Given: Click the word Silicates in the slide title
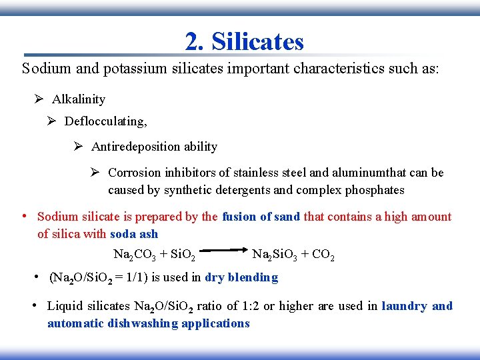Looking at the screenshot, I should [257, 42].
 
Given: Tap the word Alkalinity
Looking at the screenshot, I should [79, 99].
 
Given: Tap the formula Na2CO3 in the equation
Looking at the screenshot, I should [134, 255].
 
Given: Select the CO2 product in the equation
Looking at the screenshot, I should [323, 255].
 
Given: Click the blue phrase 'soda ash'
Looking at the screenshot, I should [133, 234].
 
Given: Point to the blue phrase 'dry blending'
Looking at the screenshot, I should [241, 277].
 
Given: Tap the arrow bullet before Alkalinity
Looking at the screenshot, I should [39, 99].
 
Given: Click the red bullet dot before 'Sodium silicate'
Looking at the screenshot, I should [24, 216].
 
